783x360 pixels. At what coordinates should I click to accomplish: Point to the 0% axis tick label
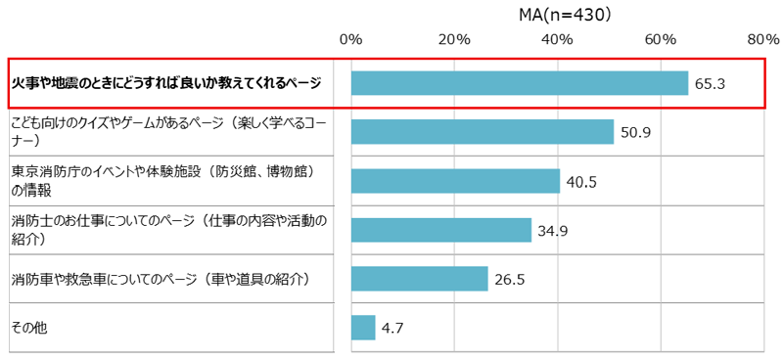click(350, 40)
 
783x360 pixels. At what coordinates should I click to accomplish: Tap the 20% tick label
click(455, 40)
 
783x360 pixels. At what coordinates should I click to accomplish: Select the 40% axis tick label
click(558, 40)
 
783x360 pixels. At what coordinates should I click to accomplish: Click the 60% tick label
click(662, 40)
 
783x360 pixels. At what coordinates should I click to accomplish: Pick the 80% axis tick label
click(763, 40)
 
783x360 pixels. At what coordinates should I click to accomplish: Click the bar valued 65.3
click(519, 83)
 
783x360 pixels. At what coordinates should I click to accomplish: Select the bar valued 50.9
click(482, 132)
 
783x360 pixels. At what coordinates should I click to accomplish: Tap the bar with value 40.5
click(455, 181)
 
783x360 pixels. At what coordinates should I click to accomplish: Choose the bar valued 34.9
click(440, 230)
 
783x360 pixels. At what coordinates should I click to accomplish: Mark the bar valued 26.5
click(419, 279)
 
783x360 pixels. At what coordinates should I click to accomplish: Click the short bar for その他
click(363, 328)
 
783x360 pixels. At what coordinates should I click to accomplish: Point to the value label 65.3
click(710, 84)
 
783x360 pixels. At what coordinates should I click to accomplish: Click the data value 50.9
click(635, 133)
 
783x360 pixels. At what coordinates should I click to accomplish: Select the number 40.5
click(581, 182)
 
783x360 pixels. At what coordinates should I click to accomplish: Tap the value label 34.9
click(553, 231)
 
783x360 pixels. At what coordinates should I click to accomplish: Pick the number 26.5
click(509, 280)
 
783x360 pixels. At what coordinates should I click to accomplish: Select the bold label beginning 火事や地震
click(165, 83)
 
